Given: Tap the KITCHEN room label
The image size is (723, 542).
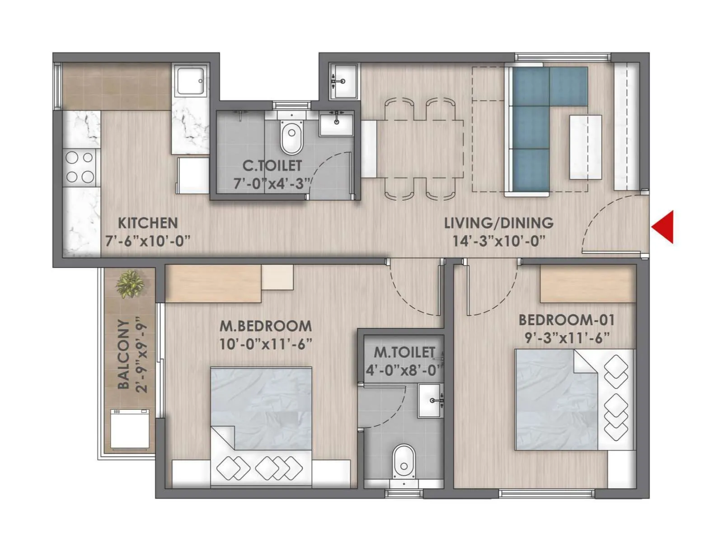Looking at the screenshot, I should [148, 223].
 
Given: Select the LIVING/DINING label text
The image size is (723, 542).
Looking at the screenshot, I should [498, 223].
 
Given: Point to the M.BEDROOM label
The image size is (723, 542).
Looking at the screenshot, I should [266, 326].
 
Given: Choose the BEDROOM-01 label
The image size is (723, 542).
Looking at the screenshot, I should [567, 320].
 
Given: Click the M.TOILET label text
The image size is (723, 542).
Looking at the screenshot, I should [404, 352].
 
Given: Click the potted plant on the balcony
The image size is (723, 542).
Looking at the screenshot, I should [130, 284].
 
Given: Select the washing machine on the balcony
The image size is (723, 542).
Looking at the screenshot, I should [130, 429].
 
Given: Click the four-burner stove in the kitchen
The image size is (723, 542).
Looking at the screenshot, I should [80, 167].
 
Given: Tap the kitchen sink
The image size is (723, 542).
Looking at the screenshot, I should [190, 81].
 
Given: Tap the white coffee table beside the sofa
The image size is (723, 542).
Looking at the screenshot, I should [585, 147].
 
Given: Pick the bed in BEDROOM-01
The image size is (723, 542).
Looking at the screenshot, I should [574, 400].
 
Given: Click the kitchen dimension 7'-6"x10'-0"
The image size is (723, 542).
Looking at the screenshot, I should [148, 241].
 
